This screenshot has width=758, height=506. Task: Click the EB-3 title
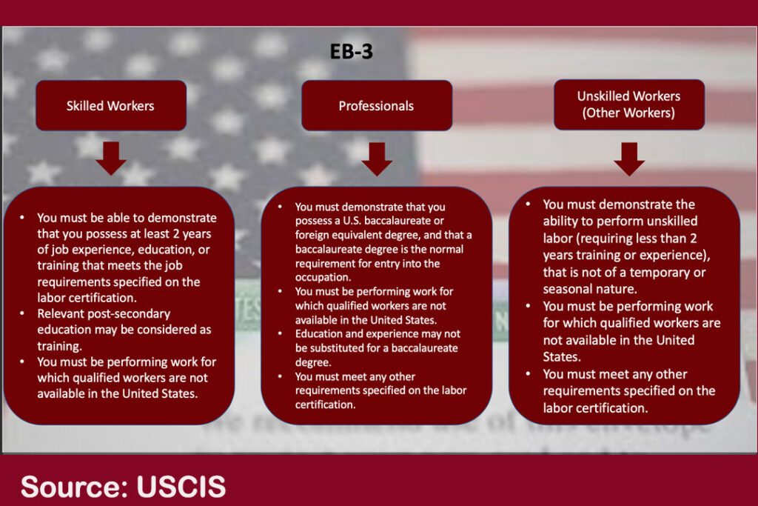(x=352, y=52)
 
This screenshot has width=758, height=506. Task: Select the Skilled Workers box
(x=111, y=105)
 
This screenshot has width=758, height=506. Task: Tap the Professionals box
(x=377, y=105)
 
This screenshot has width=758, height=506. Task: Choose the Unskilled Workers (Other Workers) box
(x=629, y=104)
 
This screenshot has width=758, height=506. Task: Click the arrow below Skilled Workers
(x=111, y=159)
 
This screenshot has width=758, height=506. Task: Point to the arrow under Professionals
(x=377, y=159)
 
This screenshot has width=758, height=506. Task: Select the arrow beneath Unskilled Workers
(x=629, y=159)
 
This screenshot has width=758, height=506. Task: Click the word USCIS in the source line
(x=181, y=486)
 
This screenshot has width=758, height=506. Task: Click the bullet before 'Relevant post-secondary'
(x=22, y=313)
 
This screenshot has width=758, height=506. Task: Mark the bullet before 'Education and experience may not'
(x=280, y=333)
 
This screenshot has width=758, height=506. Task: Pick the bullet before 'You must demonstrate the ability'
(x=528, y=204)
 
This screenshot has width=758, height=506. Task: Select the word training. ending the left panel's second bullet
(x=59, y=347)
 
